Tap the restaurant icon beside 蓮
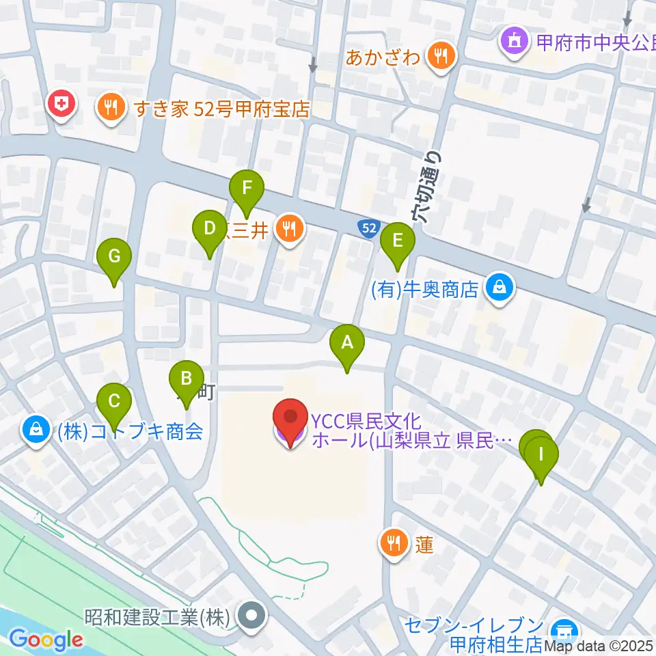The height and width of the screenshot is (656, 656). (x=393, y=545)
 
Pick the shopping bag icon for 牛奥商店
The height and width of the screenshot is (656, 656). (x=500, y=289)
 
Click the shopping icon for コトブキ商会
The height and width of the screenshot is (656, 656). (x=34, y=431)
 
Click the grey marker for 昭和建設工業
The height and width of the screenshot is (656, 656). (x=252, y=617)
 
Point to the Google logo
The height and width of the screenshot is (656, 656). (x=46, y=640)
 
